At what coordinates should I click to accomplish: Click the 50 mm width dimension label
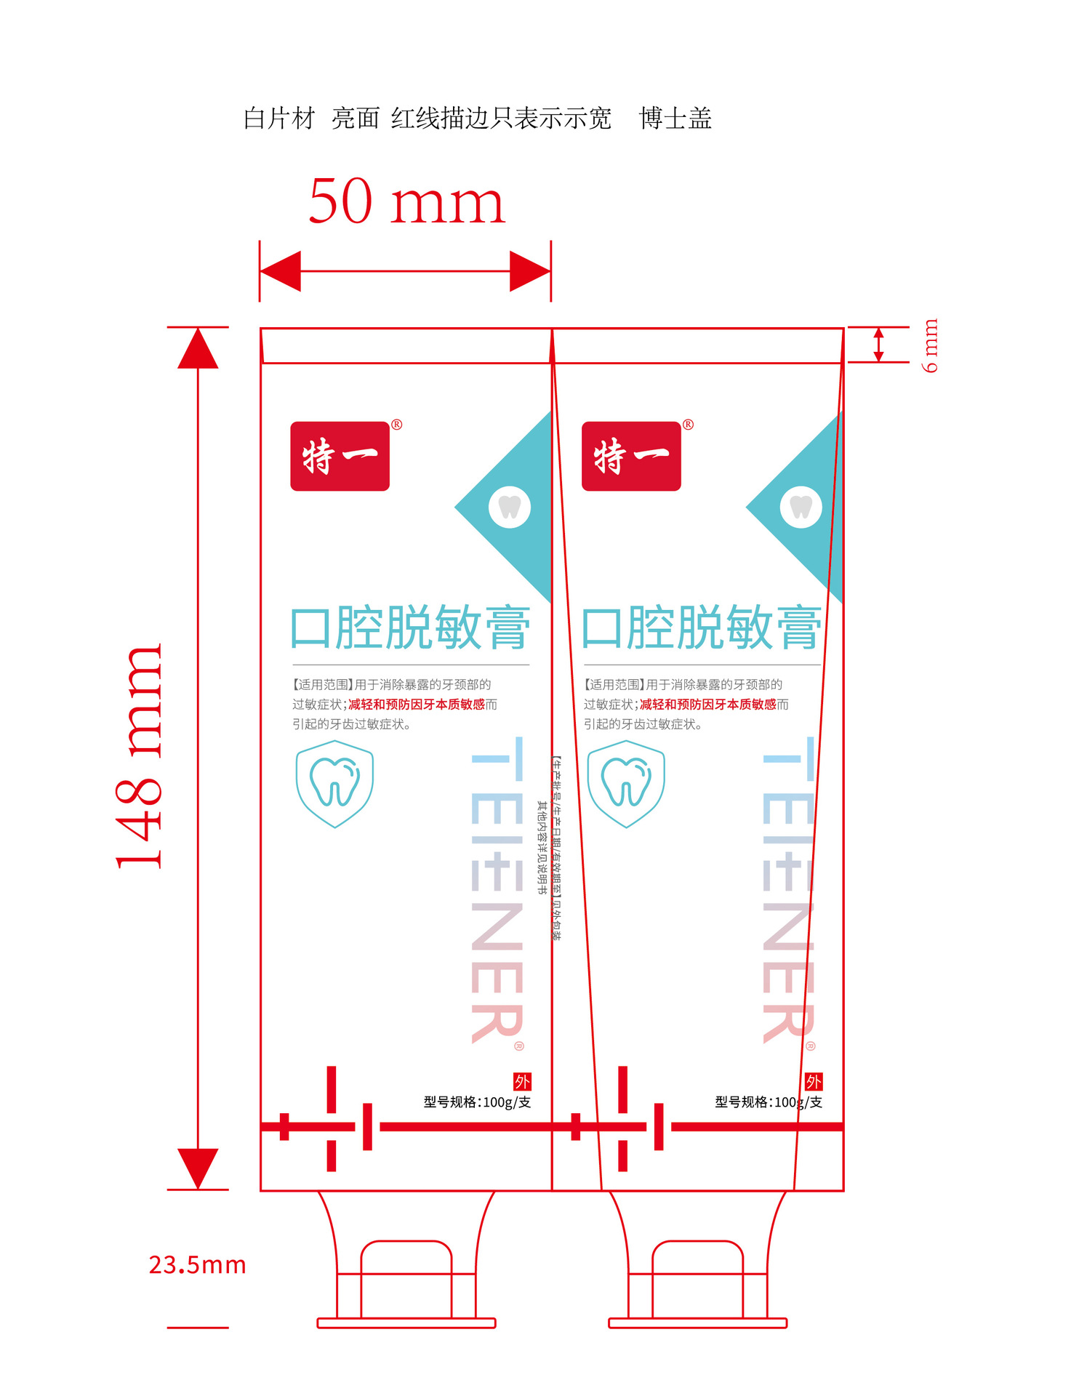pyautogui.click(x=406, y=201)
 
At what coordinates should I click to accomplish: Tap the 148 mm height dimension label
pyautogui.click(x=140, y=756)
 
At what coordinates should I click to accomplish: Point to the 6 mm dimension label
pyautogui.click(x=930, y=345)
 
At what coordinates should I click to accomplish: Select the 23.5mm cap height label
pyautogui.click(x=197, y=1265)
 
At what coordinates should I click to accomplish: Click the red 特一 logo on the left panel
pyautogui.click(x=340, y=456)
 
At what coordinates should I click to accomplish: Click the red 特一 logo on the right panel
pyautogui.click(x=631, y=456)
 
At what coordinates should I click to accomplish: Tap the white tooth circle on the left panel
pyautogui.click(x=510, y=507)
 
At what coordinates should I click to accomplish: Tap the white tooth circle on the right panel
pyautogui.click(x=801, y=507)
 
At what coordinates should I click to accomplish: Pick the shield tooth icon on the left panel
pyautogui.click(x=334, y=784)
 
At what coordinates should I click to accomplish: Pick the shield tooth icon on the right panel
pyautogui.click(x=626, y=784)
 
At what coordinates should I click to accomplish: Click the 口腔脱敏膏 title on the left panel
pyautogui.click(x=410, y=627)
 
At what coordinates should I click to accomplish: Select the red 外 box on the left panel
pyautogui.click(x=522, y=1081)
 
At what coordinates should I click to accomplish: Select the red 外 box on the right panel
pyautogui.click(x=814, y=1081)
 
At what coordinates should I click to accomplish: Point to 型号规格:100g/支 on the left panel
pyautogui.click(x=477, y=1102)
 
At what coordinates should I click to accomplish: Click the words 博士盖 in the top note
pyautogui.click(x=675, y=119)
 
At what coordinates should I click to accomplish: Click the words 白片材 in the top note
pyautogui.click(x=279, y=119)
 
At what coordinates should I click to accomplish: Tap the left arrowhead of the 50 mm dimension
pyautogui.click(x=280, y=271)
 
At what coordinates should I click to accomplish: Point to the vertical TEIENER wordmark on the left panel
pyautogui.click(x=497, y=891)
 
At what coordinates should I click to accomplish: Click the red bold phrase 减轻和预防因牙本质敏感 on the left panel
pyautogui.click(x=417, y=704)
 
